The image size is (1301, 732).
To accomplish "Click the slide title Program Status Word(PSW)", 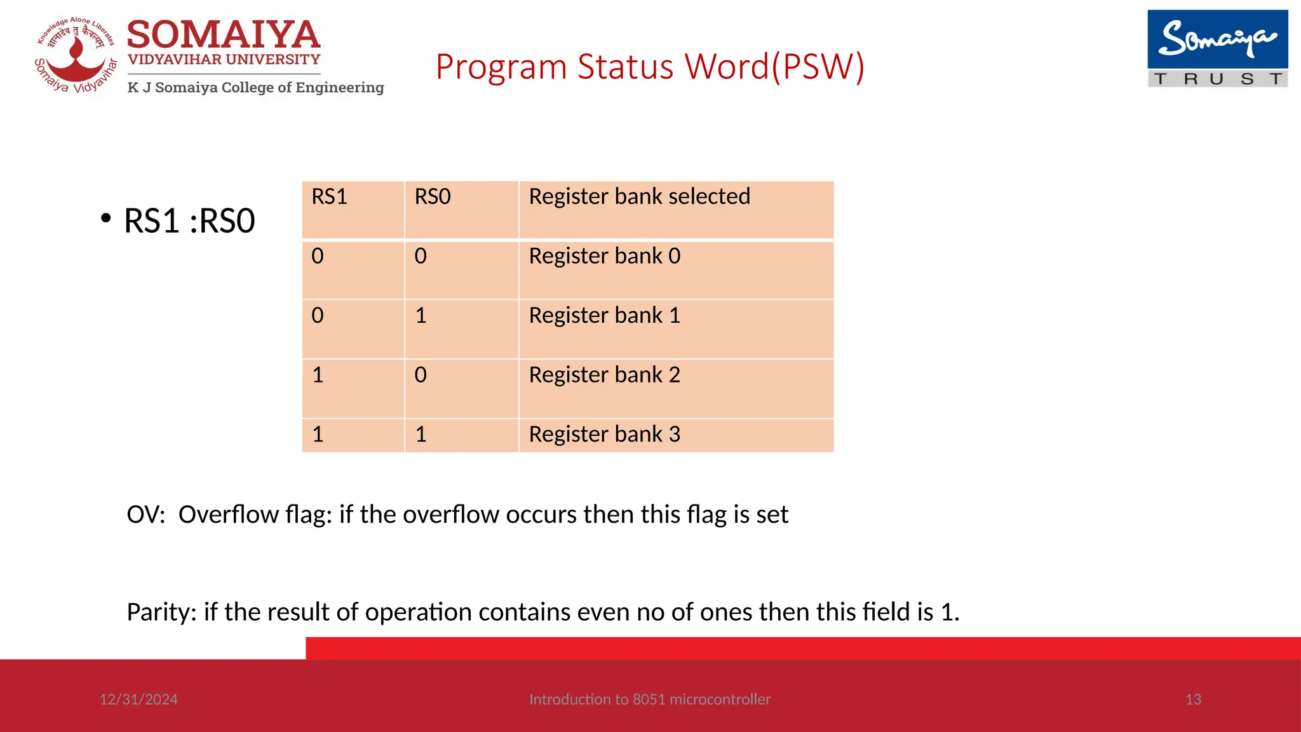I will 649,67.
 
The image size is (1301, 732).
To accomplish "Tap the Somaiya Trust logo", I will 1217,49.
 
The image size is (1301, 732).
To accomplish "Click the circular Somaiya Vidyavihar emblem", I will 76,56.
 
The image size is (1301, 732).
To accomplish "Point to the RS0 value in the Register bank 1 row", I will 421,316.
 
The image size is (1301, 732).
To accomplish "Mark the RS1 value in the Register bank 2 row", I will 318,375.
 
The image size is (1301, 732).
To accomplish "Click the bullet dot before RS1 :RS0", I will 105,219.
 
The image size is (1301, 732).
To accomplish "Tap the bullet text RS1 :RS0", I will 189,221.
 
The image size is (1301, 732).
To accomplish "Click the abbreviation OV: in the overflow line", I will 145,515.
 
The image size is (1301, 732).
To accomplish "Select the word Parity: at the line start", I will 161,613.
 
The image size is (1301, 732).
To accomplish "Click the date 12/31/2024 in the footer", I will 138,700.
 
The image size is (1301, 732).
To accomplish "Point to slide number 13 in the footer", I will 1193,700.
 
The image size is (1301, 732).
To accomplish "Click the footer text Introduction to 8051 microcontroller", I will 649,700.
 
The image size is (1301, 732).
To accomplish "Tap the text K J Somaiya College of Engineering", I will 255,88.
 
